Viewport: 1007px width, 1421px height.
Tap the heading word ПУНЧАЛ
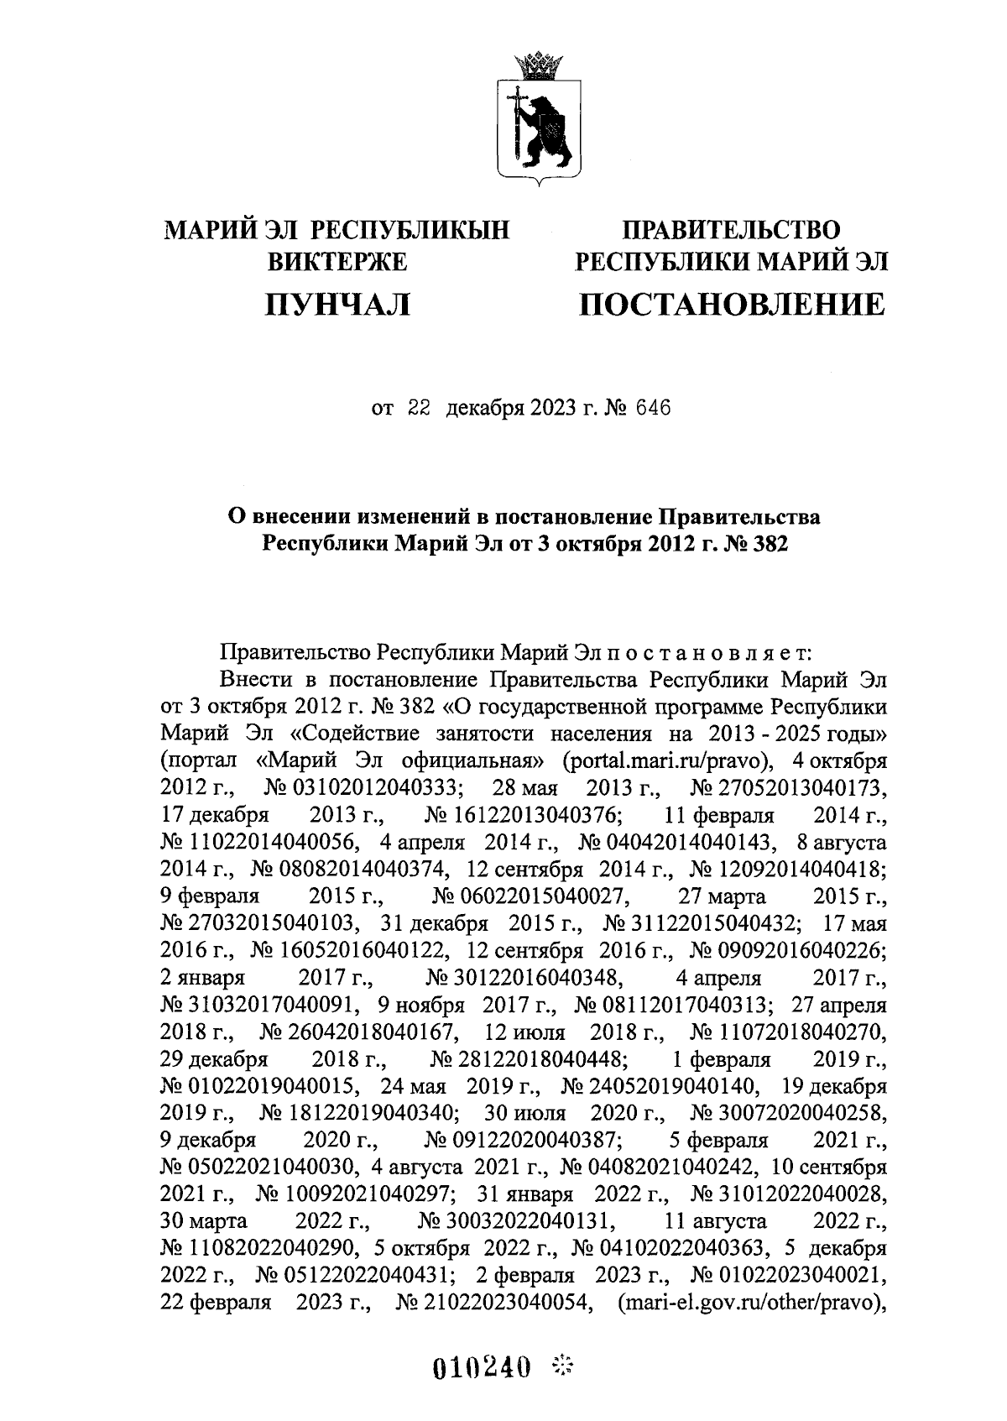pos(337,304)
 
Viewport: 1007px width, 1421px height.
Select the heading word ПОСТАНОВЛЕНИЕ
pos(731,304)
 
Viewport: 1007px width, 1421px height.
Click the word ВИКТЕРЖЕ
pos(337,262)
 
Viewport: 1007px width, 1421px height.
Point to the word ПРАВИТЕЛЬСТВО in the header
pos(731,229)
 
